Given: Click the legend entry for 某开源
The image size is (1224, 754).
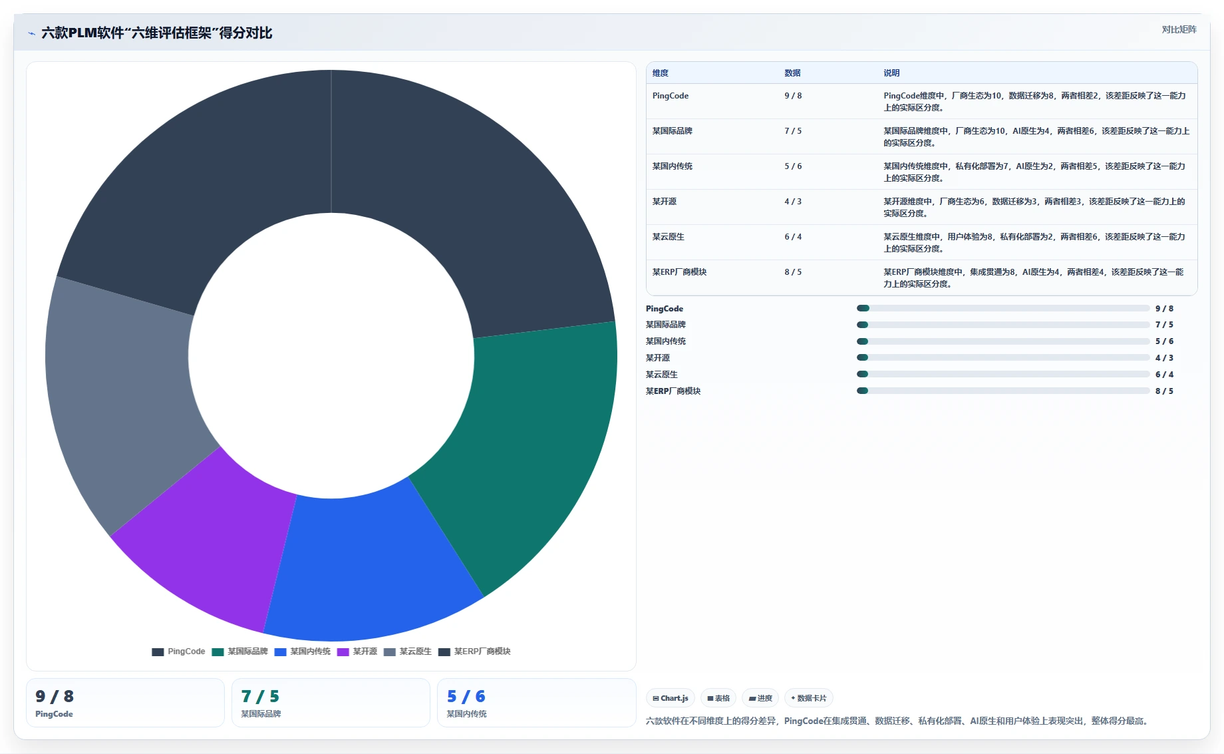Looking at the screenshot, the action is click(357, 652).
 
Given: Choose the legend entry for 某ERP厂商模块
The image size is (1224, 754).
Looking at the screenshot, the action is click(474, 652).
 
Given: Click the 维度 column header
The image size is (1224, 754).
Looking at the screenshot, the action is click(661, 73).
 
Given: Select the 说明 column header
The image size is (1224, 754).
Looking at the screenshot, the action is click(891, 73).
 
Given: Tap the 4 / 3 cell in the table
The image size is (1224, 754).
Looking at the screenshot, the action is click(793, 202).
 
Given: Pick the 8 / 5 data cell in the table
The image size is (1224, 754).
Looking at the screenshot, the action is click(793, 272).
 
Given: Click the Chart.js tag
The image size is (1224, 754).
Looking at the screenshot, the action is click(671, 698).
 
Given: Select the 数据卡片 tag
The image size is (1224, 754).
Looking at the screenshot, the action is click(809, 698).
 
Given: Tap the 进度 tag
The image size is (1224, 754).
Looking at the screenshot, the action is click(760, 698).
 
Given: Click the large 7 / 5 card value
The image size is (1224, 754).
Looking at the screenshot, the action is click(260, 697).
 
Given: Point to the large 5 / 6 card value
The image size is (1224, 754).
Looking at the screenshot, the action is click(466, 697).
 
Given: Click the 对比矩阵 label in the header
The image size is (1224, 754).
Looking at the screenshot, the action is click(1179, 29).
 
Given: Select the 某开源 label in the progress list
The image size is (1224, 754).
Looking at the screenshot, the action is click(658, 358).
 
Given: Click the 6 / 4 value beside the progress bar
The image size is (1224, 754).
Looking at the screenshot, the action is click(1164, 375).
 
